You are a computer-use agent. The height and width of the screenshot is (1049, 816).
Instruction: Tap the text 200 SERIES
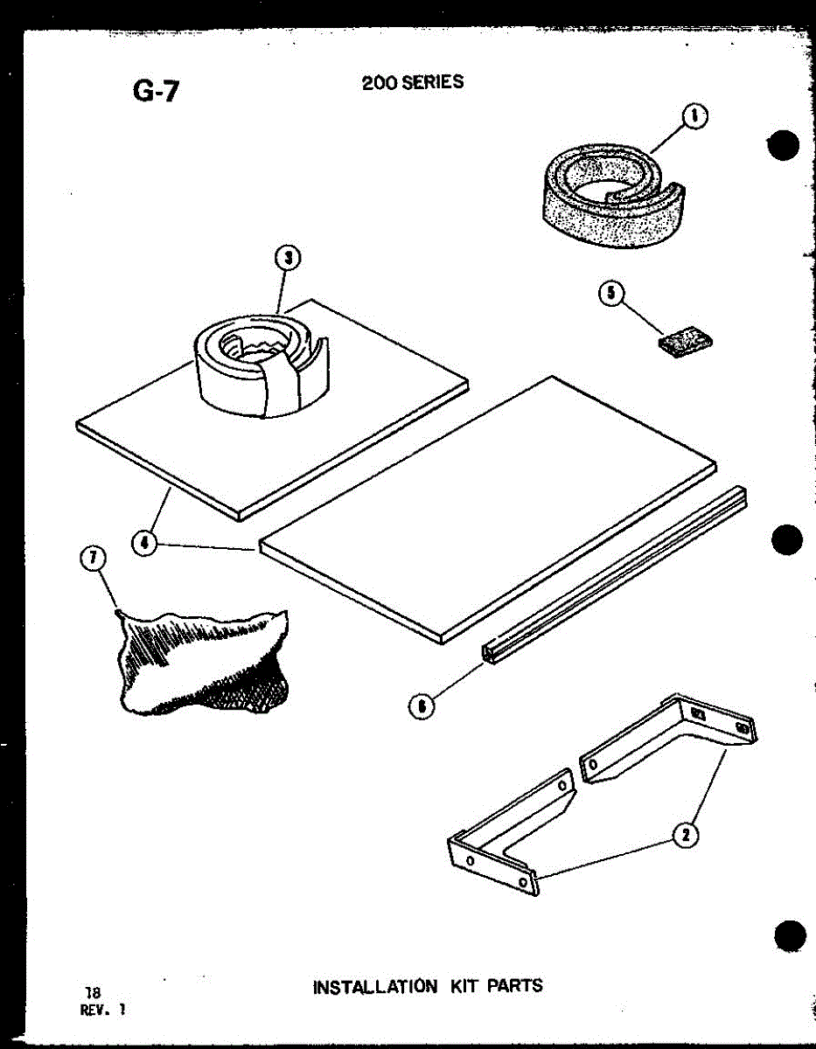413,83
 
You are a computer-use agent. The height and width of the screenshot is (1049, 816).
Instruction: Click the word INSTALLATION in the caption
374,987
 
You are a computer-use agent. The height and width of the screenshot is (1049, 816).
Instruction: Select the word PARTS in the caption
514,986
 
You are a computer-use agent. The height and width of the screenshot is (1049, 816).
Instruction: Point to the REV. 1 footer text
102,1008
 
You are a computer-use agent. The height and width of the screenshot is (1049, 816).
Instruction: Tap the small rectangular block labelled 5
684,339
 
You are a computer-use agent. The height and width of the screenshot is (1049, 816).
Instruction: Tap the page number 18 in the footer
91,992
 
